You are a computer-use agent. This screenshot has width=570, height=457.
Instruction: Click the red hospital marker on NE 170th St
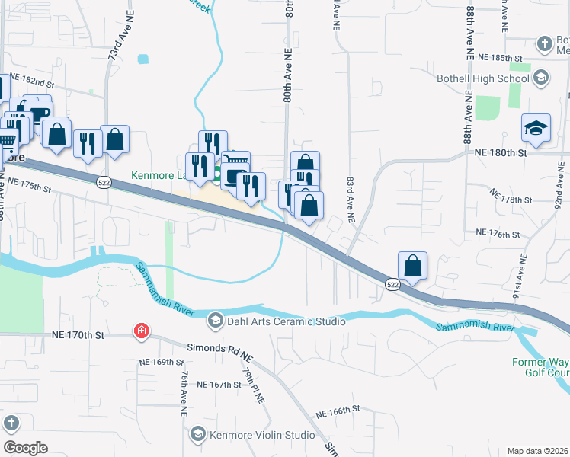coord(141,331)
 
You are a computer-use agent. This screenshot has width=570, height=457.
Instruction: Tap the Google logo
coord(24,448)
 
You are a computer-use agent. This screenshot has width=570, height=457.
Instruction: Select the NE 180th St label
coord(500,153)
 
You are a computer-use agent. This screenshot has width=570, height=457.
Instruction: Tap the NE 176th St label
coord(497,232)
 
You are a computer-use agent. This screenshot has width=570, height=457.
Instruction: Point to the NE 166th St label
coord(338,411)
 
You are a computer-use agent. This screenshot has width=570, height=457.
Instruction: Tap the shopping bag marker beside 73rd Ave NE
coord(114,139)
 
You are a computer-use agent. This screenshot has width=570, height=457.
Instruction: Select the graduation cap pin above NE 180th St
coord(536,128)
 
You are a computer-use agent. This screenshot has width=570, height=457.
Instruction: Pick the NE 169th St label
coord(157,362)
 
